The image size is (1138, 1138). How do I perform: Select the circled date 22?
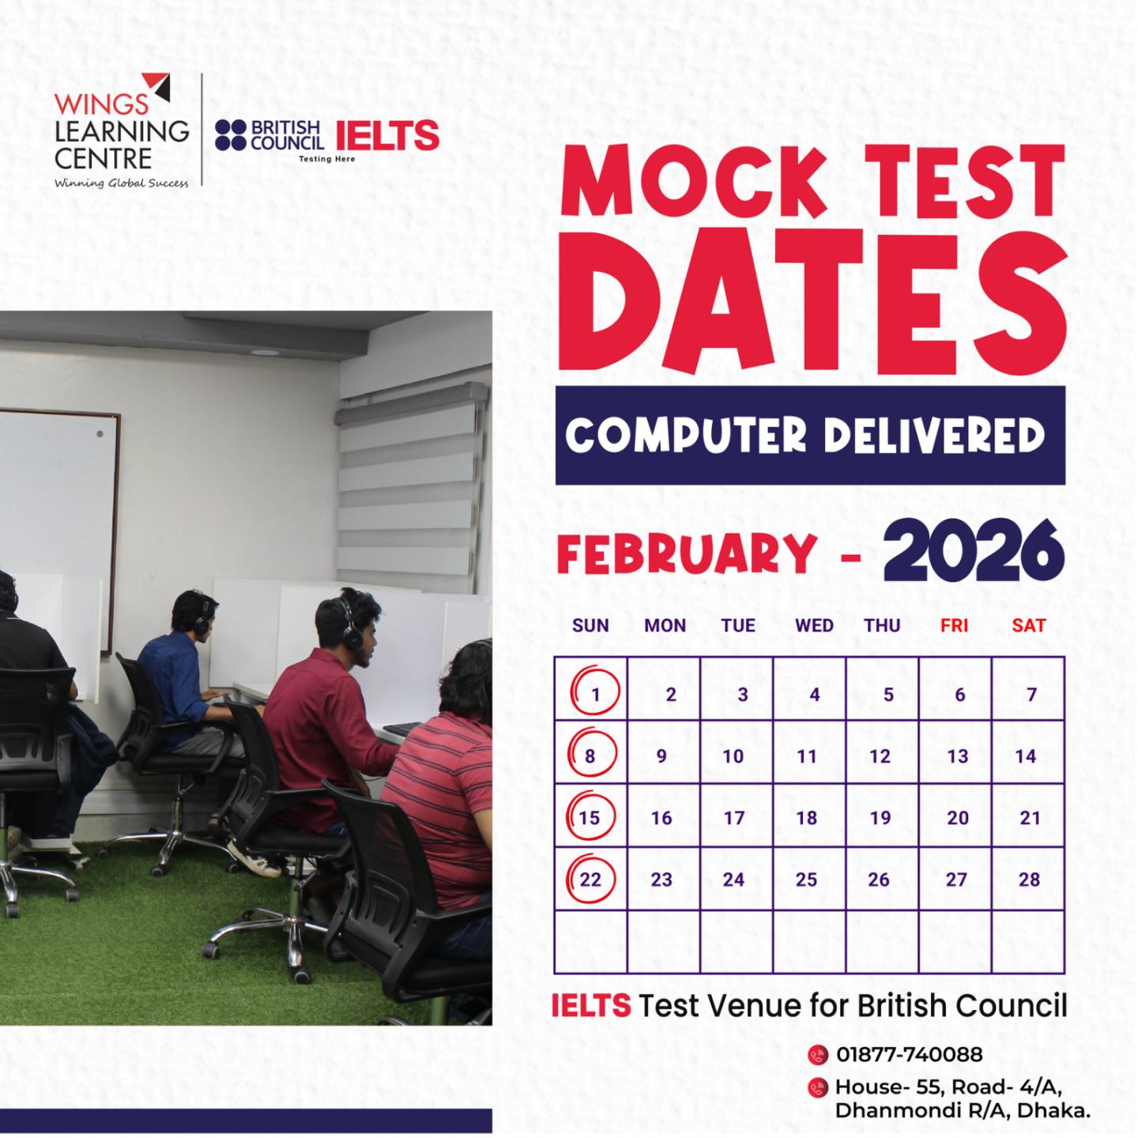click(590, 880)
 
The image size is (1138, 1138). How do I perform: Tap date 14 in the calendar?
click(1026, 756)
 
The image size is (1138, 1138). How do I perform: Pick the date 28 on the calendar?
click(1029, 880)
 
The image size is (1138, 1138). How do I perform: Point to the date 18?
click(807, 818)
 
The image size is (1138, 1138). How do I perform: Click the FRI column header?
click(954, 625)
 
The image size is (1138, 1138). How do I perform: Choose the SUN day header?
click(590, 625)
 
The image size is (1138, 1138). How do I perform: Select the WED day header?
click(814, 625)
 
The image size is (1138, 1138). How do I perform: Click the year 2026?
click(974, 552)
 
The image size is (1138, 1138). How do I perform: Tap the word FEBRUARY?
click(687, 553)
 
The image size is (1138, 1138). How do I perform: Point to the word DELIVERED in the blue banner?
click(933, 435)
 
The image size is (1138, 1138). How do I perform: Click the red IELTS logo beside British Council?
click(387, 135)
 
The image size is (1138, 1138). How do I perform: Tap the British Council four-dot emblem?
click(230, 135)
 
